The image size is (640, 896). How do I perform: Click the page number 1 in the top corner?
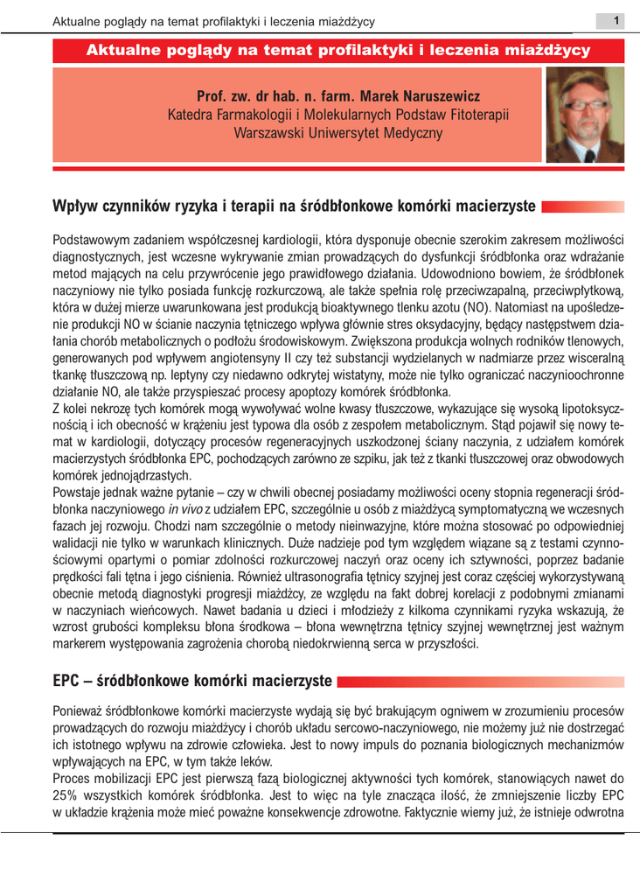616,20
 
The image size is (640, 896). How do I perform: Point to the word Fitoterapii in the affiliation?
477,115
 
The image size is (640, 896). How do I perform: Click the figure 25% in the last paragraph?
68,794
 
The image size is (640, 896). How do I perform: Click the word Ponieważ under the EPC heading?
81,710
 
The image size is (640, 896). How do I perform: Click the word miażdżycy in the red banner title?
548,50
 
